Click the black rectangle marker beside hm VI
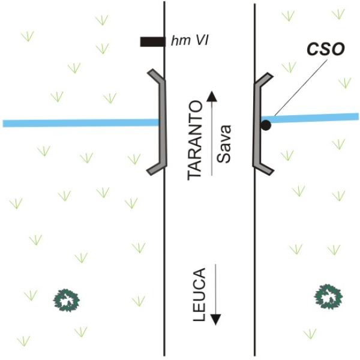[x=152, y=42]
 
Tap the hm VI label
[x=190, y=41]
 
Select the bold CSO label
[x=326, y=49]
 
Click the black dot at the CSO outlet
[x=266, y=125]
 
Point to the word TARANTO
[x=195, y=140]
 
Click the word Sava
[x=224, y=144]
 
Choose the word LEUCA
[x=199, y=295]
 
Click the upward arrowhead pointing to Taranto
[x=212, y=96]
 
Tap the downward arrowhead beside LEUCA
[x=215, y=320]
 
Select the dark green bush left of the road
[x=67, y=300]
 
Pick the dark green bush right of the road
[x=328, y=296]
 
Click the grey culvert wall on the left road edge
[x=163, y=122]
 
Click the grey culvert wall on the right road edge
[x=257, y=124]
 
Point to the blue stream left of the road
[x=81, y=123]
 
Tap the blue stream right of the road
[x=310, y=118]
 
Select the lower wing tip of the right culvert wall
[x=271, y=173]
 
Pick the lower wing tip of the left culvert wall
[x=149, y=173]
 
